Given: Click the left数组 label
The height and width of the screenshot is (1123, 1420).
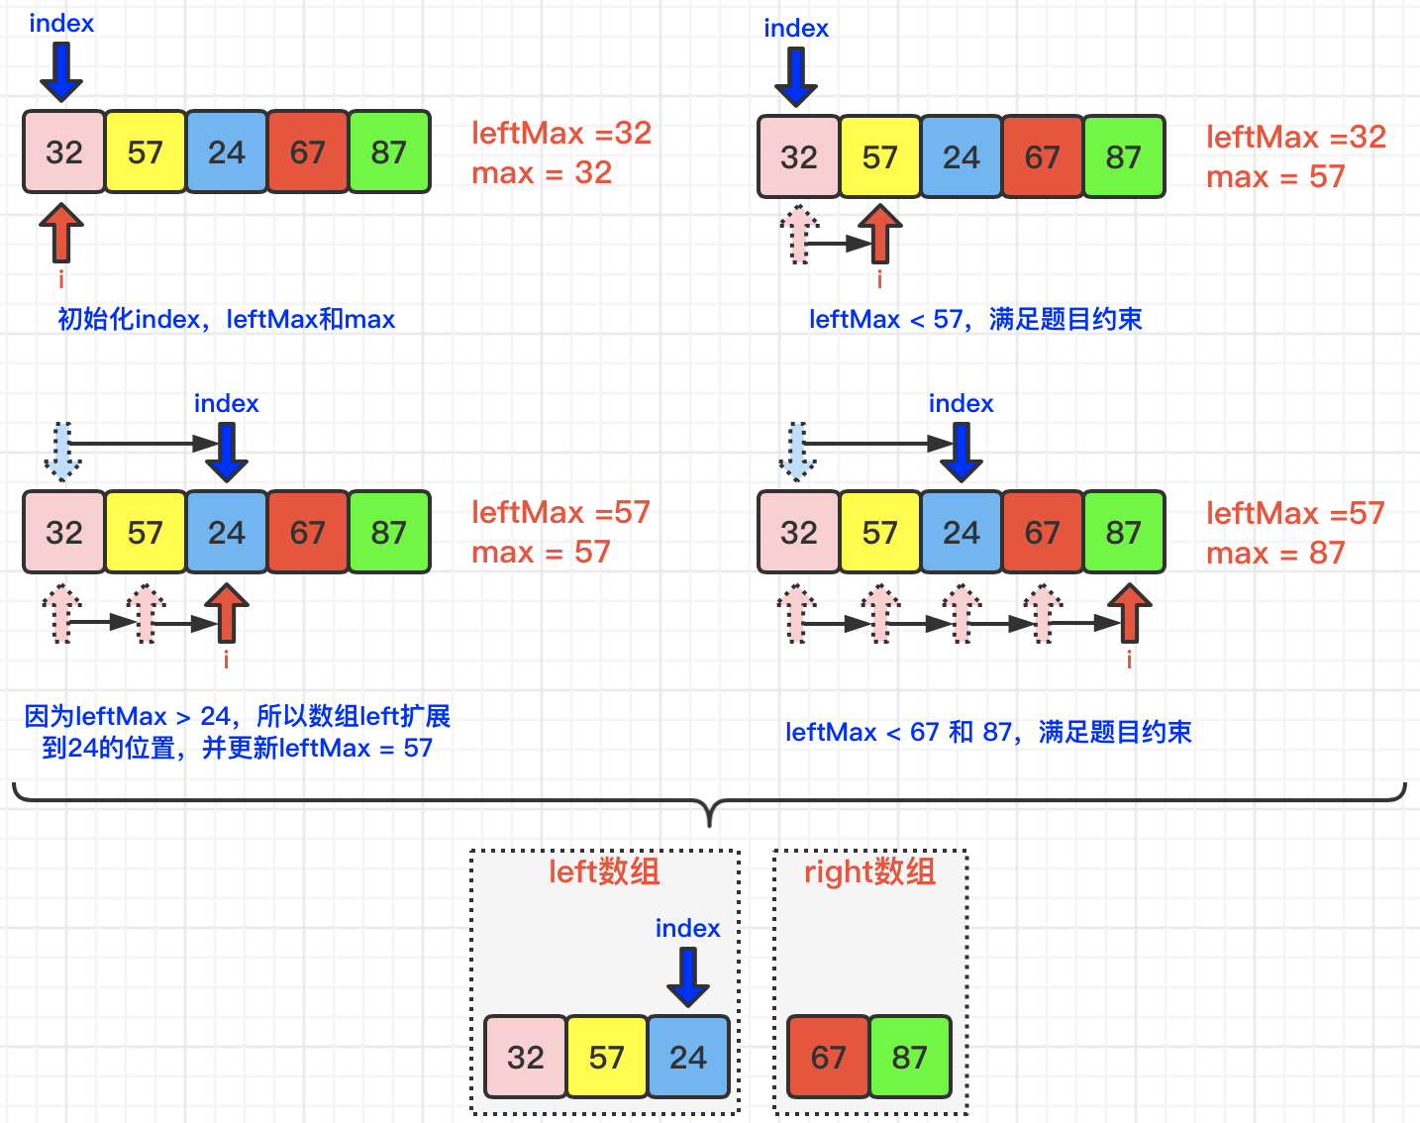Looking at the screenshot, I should tap(604, 871).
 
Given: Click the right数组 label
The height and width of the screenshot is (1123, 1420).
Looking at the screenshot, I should tap(869, 871).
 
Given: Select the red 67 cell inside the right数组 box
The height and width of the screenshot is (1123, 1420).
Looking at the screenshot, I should tap(829, 1057).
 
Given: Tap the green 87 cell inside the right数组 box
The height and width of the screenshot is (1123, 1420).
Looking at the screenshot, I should tap(910, 1057).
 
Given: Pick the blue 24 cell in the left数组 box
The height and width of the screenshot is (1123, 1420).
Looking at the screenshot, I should tap(688, 1057).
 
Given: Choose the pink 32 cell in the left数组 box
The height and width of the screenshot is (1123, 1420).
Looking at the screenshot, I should tap(526, 1057).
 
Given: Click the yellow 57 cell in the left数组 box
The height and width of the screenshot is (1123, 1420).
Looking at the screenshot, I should tap(607, 1057).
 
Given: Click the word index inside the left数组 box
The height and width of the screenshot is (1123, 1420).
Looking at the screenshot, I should tap(687, 928).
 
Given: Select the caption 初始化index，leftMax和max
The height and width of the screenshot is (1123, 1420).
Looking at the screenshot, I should tap(227, 319).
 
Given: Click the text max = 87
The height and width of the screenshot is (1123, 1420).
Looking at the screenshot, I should tap(1275, 553).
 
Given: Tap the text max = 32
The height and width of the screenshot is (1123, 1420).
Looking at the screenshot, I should tap(542, 172).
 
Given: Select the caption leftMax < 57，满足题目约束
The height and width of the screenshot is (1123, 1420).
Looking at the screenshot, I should tap(975, 319).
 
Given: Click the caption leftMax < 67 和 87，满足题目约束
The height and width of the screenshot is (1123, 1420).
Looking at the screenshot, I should tap(988, 732).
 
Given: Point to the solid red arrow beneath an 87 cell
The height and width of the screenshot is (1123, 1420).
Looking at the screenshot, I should tap(1129, 614).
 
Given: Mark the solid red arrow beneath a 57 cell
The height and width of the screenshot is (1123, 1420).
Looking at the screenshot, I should tap(879, 234).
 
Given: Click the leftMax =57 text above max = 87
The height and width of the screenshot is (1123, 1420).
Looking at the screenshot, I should tap(1295, 513).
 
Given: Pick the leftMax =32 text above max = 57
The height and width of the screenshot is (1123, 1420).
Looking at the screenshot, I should tap(1296, 137).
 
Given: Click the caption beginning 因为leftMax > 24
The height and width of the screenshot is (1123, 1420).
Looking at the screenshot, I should tap(238, 732).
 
